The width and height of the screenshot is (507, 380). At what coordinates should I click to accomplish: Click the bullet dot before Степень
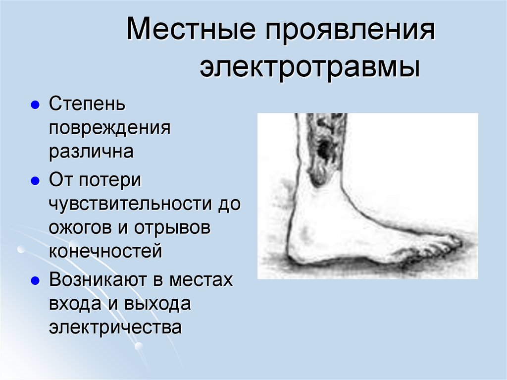[x=35, y=106]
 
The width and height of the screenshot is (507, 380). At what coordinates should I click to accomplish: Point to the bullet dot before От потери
[x=35, y=181]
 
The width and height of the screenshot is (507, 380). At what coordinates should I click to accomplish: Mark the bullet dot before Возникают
[x=35, y=280]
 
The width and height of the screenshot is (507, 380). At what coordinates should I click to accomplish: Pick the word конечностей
[x=105, y=251]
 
